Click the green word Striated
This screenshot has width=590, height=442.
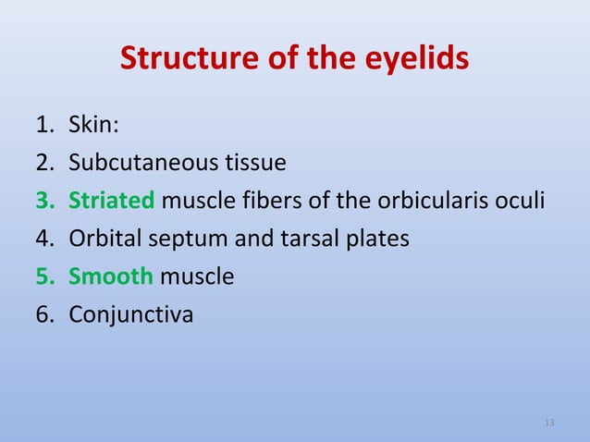coord(114,201)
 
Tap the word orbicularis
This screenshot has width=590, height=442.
coord(417,201)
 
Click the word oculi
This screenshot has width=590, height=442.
coord(518,201)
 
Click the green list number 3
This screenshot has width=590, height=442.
coord(45,201)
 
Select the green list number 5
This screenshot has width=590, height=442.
coord(45,276)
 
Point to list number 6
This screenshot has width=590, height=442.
coord(45,314)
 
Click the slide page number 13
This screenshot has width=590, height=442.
coord(549,423)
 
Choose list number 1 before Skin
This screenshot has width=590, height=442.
coord(45,125)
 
